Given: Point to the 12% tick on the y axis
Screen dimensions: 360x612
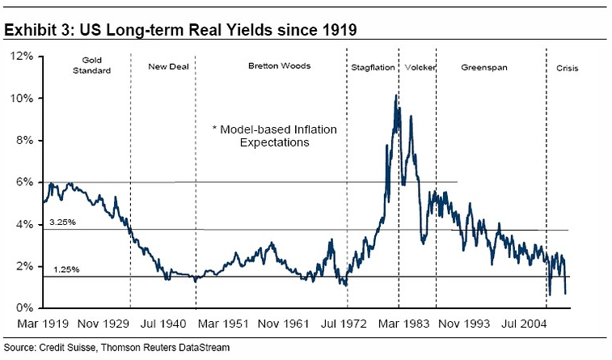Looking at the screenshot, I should pos(22,57).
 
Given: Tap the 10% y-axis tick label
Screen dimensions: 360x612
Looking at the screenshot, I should pos(22,99).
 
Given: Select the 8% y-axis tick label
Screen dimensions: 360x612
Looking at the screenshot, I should pos(24,141).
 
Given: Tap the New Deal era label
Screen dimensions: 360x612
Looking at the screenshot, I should pos(168,66).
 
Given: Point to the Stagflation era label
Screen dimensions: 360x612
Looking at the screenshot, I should pos(373,67).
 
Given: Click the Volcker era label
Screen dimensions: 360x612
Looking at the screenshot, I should pos(420,67).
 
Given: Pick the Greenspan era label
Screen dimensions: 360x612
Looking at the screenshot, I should pos(483,67).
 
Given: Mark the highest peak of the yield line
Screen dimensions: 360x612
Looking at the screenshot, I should pos(395,95).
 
